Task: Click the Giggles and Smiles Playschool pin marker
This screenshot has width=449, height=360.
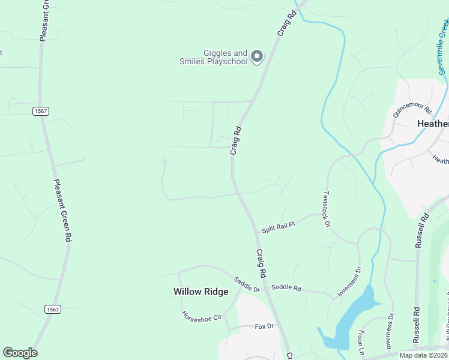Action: tap(257, 56)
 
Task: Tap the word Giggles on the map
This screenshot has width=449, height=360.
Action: tap(217, 53)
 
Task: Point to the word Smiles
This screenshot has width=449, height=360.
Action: tap(192, 62)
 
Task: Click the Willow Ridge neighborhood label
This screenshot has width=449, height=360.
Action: tap(201, 292)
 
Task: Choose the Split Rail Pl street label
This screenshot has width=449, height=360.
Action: tap(279, 226)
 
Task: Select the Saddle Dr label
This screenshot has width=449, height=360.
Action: tap(247, 284)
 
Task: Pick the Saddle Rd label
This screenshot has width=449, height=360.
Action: tap(286, 288)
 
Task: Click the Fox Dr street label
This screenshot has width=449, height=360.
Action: tap(264, 326)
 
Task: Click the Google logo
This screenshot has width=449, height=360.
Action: tap(20, 353)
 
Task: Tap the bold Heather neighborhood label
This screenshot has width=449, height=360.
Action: tap(432, 124)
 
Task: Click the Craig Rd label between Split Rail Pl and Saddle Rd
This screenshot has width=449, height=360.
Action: tap(261, 263)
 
